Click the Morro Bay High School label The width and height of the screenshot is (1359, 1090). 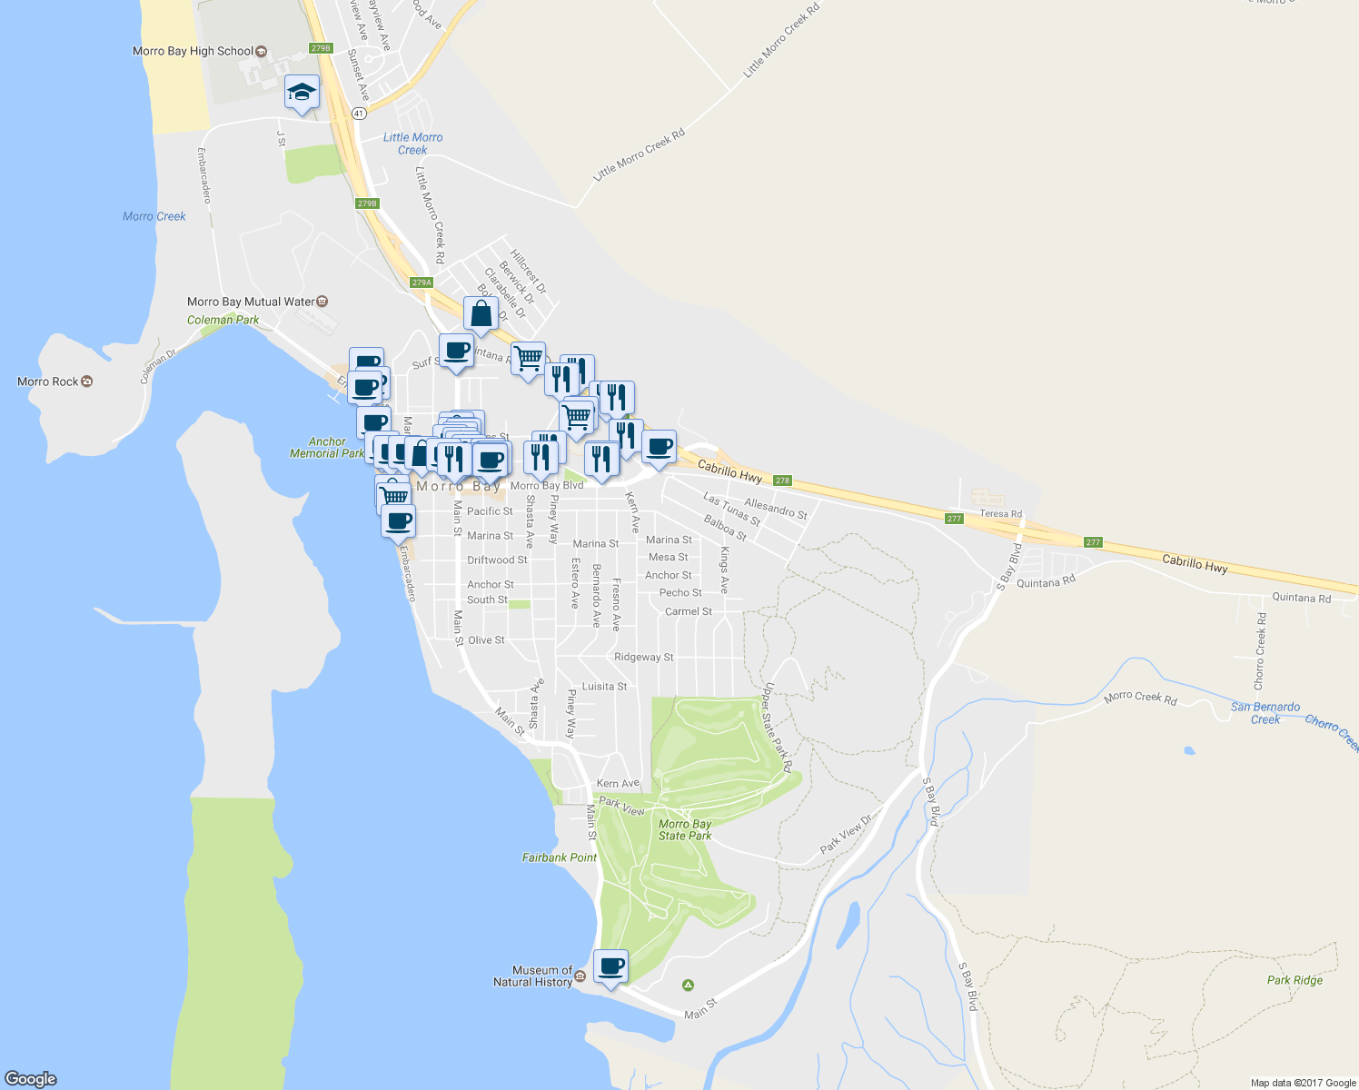point(193,51)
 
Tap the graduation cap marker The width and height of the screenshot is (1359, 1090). point(302,92)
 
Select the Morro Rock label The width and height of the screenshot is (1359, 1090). point(48,381)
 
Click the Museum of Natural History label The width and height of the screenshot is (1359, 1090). point(533,976)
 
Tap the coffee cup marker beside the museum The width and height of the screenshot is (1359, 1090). point(610,966)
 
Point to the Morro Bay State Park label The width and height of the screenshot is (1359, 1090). point(685,830)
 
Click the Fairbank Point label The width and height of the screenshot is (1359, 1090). point(560,857)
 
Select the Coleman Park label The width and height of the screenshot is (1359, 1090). point(223,320)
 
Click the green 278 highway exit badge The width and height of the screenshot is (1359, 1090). point(782,481)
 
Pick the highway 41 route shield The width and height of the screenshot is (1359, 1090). point(360,114)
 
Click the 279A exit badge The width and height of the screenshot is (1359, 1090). point(421,282)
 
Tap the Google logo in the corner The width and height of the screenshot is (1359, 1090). point(30,1079)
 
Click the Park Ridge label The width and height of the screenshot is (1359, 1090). point(1295,980)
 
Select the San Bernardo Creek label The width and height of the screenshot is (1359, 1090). point(1265,713)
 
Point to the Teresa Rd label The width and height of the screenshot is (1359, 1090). point(1000,514)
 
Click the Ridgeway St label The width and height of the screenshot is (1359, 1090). point(643,657)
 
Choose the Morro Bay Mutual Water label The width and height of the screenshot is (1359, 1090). point(251,302)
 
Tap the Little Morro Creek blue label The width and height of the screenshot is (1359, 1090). point(412,144)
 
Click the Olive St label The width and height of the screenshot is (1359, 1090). point(486,640)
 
